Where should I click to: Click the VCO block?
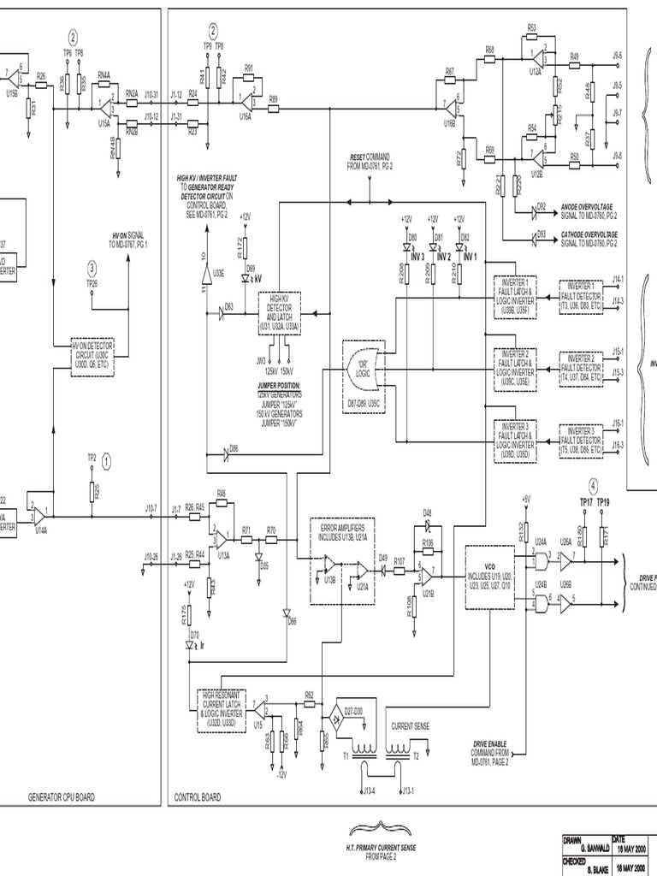click(489, 577)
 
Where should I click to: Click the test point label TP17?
click(586, 502)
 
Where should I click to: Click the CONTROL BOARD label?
click(197, 796)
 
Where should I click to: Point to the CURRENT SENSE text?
click(411, 725)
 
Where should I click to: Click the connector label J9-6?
click(618, 55)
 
